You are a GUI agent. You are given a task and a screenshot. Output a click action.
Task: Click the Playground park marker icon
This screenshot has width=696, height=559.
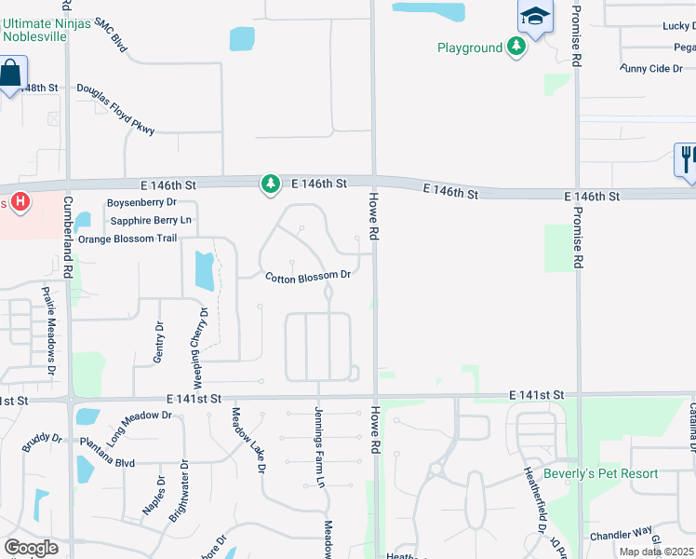pyautogui.click(x=516, y=48)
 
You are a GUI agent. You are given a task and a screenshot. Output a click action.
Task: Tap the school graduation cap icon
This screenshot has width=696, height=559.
pyautogui.click(x=535, y=16)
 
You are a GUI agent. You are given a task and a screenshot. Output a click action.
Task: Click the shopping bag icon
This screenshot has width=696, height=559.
pyautogui.click(x=11, y=73)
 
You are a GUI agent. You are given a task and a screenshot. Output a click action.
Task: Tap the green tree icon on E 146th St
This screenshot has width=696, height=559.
pyautogui.click(x=271, y=184)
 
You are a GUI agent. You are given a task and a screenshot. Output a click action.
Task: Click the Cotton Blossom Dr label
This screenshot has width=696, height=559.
pyautogui.click(x=307, y=276)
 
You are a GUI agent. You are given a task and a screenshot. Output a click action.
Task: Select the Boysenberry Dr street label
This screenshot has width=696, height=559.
pyautogui.click(x=141, y=202)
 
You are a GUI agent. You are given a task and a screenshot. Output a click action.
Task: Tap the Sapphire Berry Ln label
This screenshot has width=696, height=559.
pyautogui.click(x=151, y=220)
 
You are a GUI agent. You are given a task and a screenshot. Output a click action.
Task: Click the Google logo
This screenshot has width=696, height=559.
pyautogui.click(x=31, y=547)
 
